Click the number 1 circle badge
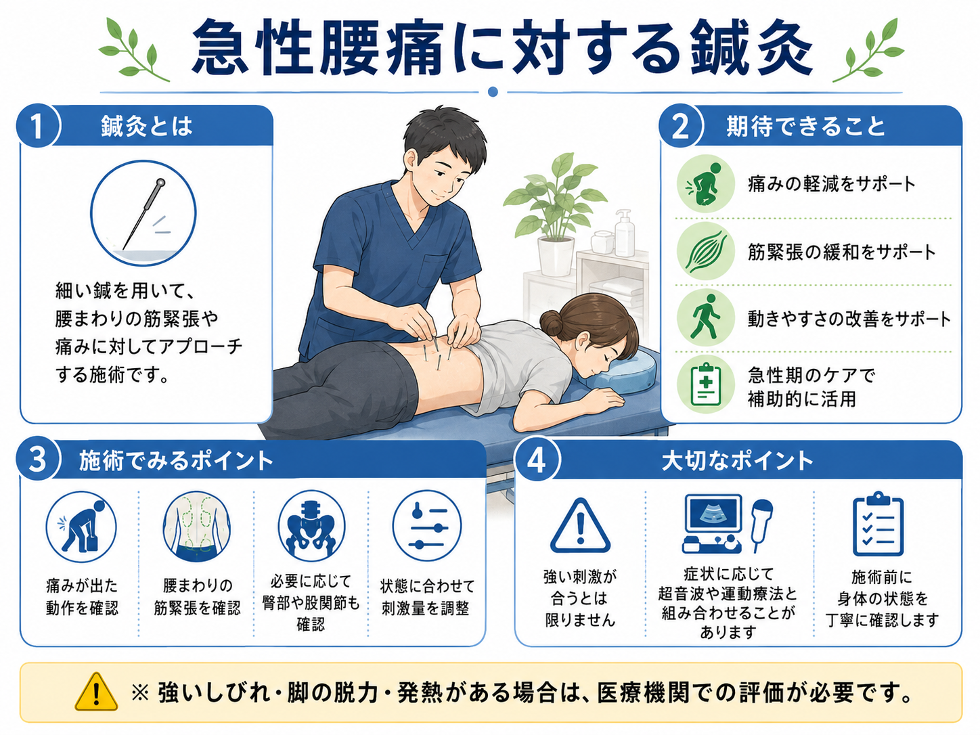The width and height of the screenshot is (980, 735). coord(37,127)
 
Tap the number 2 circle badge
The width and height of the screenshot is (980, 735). coord(680,127)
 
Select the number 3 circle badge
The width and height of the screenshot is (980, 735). coord(37,460)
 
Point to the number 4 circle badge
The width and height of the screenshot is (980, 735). coord(537,460)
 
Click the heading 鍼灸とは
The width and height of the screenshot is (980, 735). coord(146,127)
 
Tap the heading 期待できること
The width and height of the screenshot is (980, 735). coord(805,127)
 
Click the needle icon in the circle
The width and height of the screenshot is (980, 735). coord(143,214)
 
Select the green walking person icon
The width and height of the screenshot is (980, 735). coord(705,317)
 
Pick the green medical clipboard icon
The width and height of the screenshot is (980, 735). coord(705,384)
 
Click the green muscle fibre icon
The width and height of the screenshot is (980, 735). coord(705,251)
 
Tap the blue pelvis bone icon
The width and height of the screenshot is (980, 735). coord(311,526)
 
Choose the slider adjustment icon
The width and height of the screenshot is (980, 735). coord(426,526)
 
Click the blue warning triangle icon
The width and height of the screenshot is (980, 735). coord(580,526)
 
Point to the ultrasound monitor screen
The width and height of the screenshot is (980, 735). coord(713,513)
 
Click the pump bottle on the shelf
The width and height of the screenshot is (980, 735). coord(624,233)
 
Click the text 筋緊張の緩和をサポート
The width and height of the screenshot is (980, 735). coord(841,252)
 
